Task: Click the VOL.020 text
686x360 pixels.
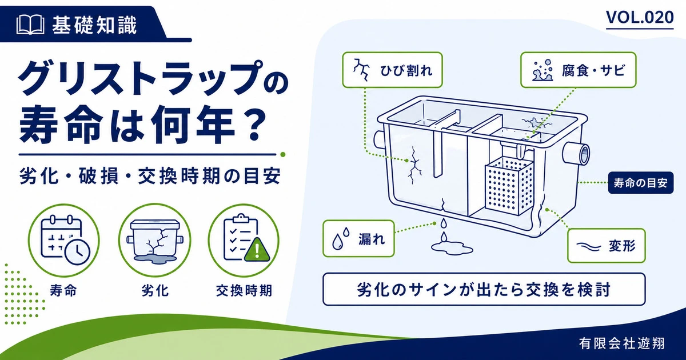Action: [640, 18]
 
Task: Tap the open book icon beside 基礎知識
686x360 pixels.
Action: [30, 25]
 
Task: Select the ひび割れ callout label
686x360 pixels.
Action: [392, 70]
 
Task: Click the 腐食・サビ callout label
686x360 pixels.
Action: [578, 70]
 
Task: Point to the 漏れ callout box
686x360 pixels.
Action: [358, 238]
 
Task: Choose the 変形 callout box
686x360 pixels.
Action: [607, 246]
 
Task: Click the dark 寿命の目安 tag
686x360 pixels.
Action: [641, 183]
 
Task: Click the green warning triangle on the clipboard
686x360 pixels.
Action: [257, 250]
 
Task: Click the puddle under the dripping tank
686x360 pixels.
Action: [452, 248]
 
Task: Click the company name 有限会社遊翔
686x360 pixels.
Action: [622, 343]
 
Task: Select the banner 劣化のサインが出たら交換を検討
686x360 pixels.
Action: [484, 289]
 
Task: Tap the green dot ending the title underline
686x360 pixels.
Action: [283, 155]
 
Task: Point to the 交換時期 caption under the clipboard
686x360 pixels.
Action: [244, 290]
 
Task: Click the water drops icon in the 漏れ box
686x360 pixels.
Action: [341, 238]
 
